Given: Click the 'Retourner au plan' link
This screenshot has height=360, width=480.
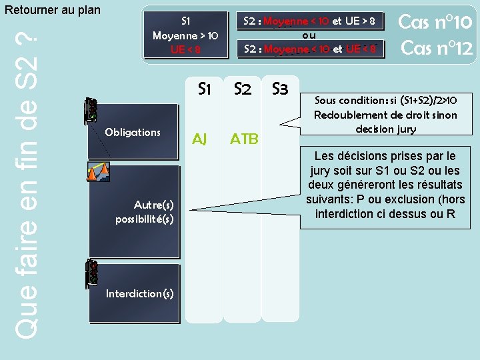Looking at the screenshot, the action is click(x=52, y=10).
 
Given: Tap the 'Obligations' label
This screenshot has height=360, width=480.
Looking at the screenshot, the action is click(x=133, y=132).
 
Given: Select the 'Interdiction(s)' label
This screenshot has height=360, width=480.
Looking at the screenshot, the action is click(x=140, y=293).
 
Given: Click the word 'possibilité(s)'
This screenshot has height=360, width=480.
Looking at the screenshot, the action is click(x=144, y=219).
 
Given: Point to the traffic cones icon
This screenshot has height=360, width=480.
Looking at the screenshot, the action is click(x=98, y=173).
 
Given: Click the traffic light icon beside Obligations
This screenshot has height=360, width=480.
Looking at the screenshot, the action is click(x=91, y=111).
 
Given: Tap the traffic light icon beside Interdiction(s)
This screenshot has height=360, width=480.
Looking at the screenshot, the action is click(x=92, y=273).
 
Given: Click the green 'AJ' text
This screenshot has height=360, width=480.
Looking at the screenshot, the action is click(x=199, y=139).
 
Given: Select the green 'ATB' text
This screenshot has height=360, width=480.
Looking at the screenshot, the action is click(x=244, y=139).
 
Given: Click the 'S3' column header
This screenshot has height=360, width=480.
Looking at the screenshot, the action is click(x=279, y=89).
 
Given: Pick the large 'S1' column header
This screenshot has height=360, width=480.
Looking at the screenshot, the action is click(x=205, y=89).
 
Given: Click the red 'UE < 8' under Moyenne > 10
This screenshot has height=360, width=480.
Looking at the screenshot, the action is click(x=185, y=48).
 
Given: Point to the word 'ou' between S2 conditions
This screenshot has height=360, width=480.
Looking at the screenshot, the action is click(x=309, y=35).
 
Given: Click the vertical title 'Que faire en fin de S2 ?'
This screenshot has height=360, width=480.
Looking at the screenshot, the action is click(x=25, y=180).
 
